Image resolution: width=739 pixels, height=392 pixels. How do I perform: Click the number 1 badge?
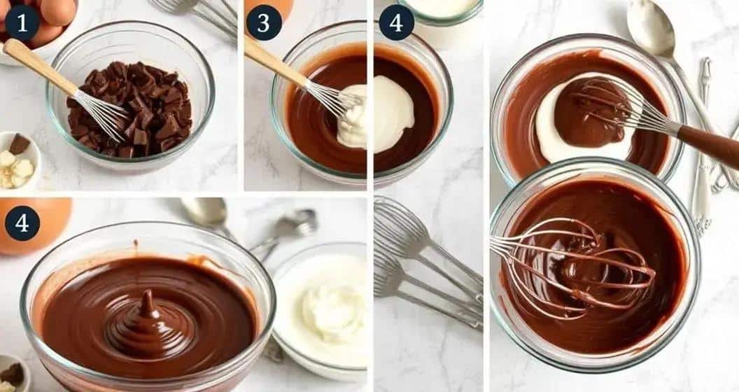click(22, 23)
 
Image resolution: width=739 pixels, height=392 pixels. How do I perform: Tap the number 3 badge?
click(264, 22)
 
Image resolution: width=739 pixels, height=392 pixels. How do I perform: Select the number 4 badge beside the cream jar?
click(396, 22)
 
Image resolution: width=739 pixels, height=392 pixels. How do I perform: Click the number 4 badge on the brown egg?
click(22, 223)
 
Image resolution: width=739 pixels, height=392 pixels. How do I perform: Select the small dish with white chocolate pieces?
click(18, 161)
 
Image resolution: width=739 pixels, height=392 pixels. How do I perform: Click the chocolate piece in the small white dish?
click(20, 144)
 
